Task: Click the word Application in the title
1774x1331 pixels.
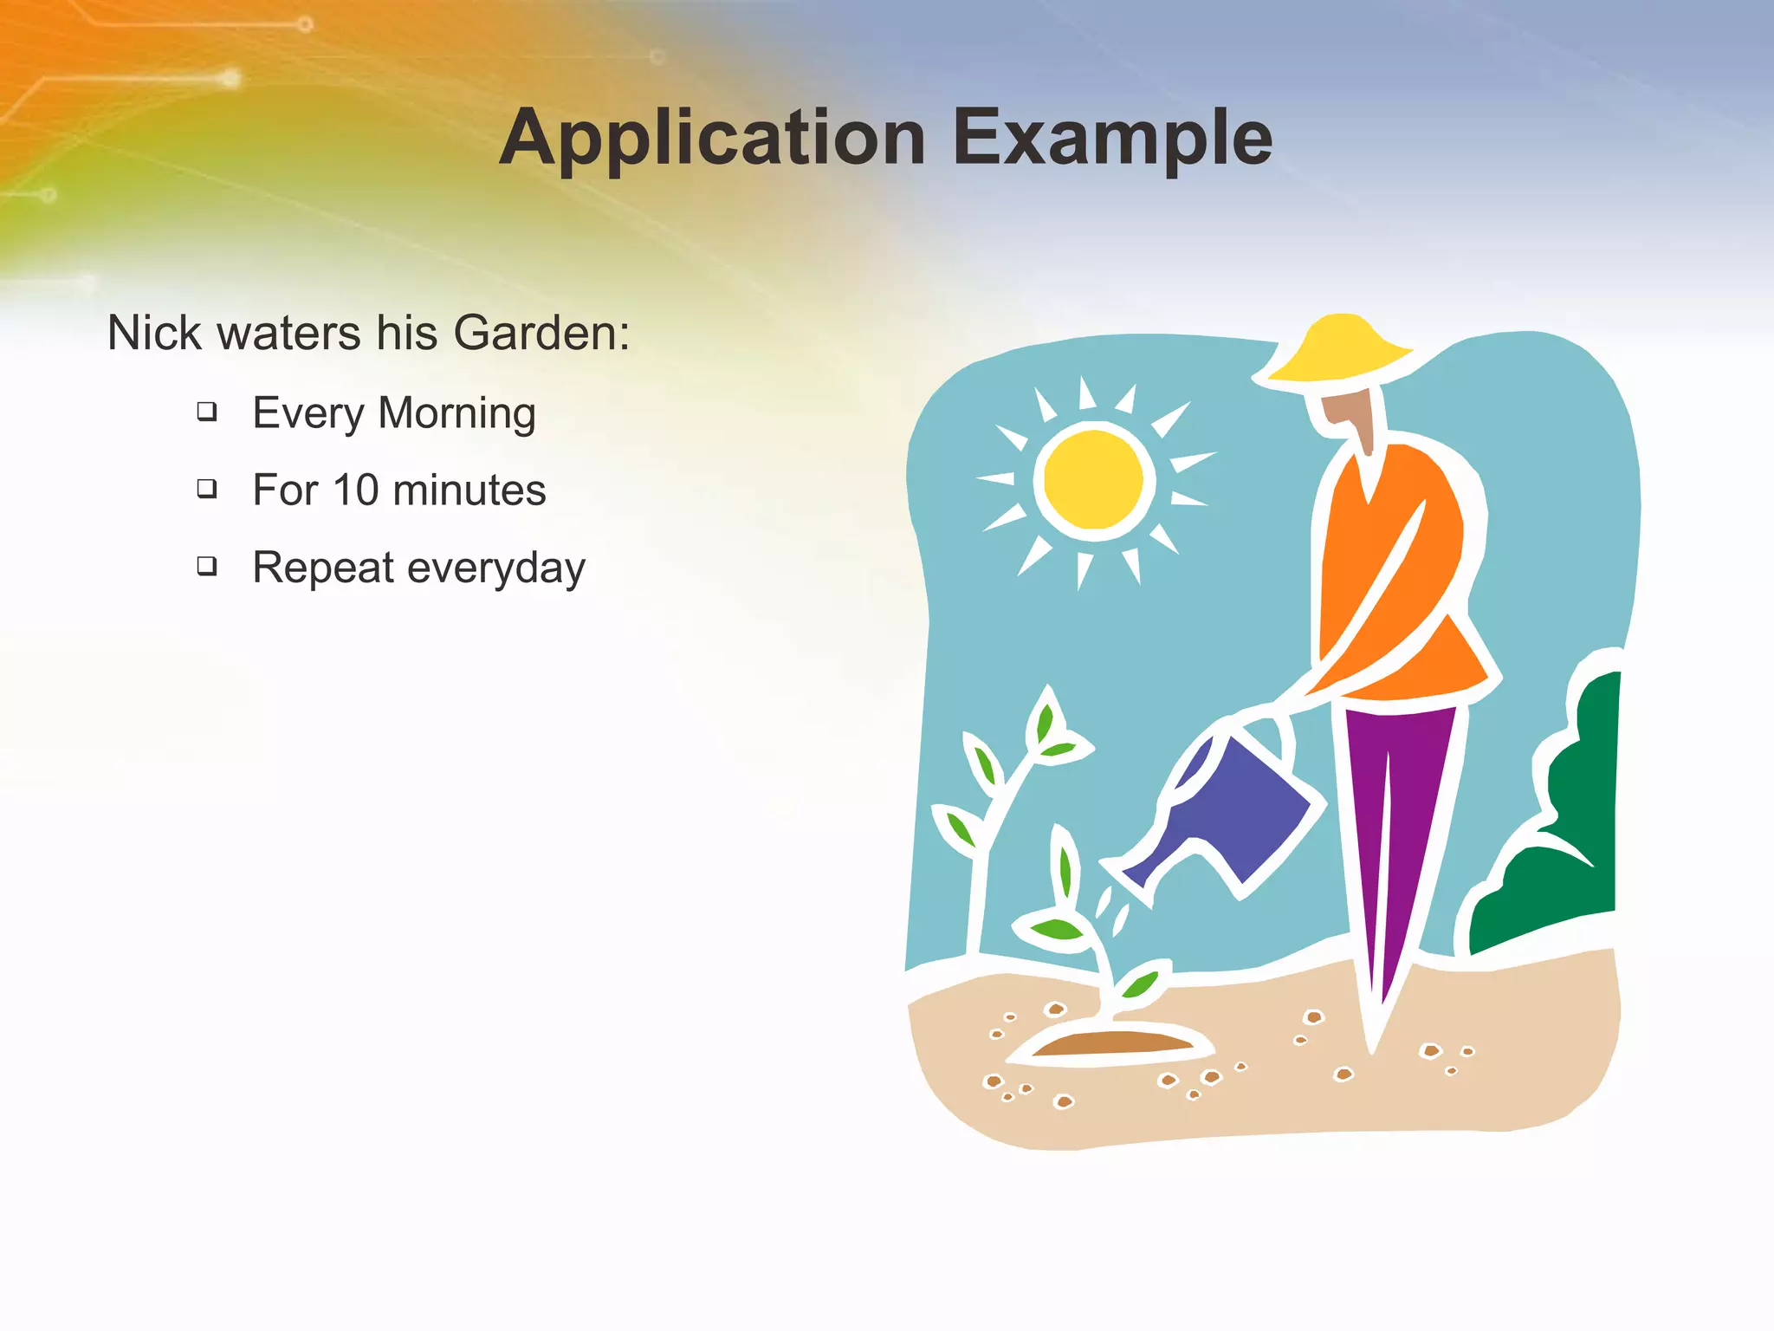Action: click(712, 139)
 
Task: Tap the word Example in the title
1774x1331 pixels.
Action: click(1112, 139)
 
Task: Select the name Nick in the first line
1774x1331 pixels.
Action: click(153, 333)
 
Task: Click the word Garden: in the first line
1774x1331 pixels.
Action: click(541, 333)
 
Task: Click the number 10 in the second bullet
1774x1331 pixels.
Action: click(356, 490)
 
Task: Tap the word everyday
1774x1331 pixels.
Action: click(496, 569)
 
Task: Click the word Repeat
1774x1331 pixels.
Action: click(323, 569)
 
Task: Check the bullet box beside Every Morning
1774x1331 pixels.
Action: click(206, 411)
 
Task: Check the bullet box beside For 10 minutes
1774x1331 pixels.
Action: click(206, 489)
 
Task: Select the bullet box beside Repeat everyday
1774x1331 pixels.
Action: click(206, 567)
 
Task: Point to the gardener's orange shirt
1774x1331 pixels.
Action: click(1395, 589)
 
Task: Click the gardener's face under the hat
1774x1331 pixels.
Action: click(1348, 411)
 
